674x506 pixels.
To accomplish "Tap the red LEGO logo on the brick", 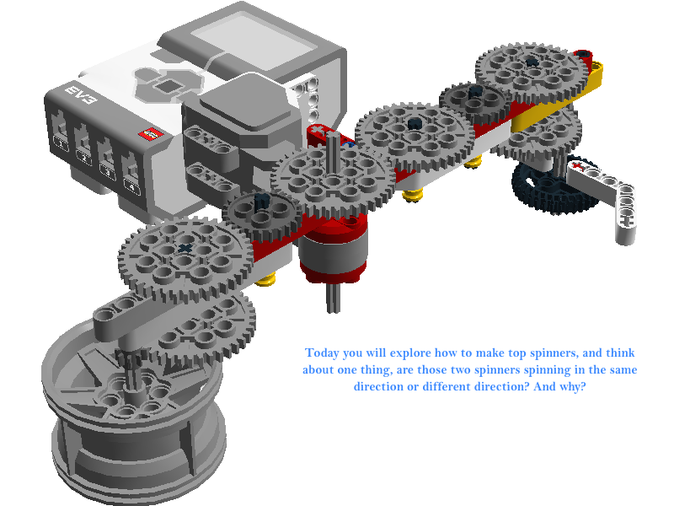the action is click(151, 133).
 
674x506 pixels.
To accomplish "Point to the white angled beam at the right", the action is click(606, 194).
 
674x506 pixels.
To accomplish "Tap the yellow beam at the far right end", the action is click(559, 98).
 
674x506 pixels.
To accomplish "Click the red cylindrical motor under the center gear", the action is click(334, 250).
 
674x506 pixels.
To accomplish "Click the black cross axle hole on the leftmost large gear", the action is click(185, 248).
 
